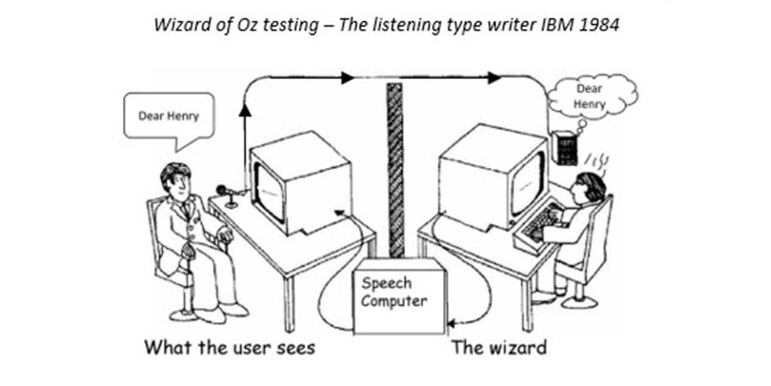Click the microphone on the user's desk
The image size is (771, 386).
222,190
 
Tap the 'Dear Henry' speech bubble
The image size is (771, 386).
168,116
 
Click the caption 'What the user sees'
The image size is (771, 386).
229,348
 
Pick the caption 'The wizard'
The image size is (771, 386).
499,348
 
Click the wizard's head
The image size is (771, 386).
590,187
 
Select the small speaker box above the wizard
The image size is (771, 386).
564,148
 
